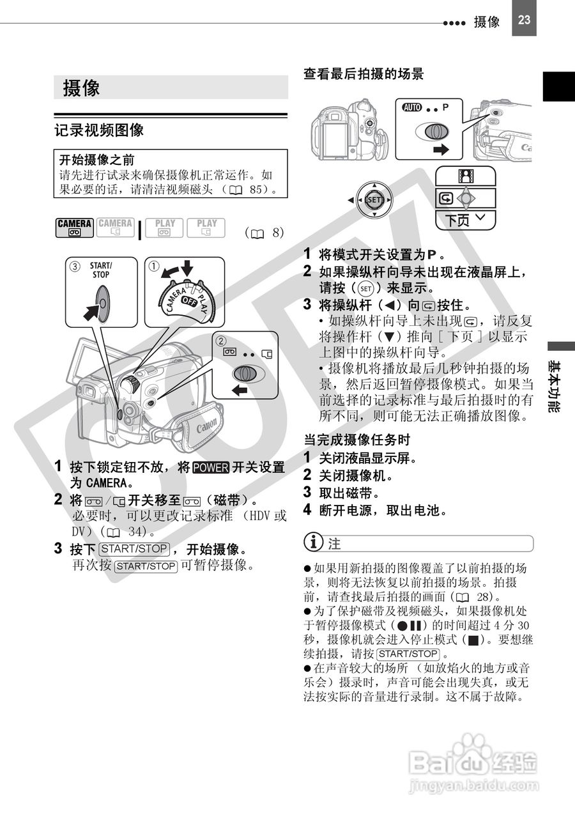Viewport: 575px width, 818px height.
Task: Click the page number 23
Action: pos(524,19)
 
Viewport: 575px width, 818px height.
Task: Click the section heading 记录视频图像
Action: pos(99,130)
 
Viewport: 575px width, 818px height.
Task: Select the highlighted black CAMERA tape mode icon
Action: pos(75,228)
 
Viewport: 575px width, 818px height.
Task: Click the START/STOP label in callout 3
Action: pos(100,270)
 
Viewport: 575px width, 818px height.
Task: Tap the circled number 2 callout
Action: pos(222,340)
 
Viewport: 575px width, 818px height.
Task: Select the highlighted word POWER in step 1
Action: pos(211,468)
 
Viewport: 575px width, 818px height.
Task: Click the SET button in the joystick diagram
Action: pos(374,200)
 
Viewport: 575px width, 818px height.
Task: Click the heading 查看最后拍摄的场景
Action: pos(363,74)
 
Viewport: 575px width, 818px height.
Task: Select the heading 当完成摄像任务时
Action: pos(356,440)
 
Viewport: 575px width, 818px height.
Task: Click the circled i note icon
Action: pos(314,543)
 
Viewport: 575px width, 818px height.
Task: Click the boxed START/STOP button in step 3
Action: pos(134,548)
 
